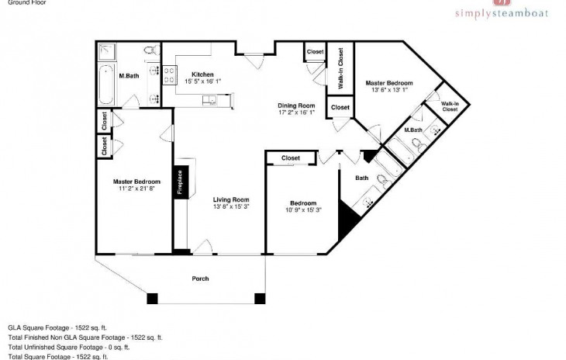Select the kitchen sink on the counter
pos(209,99)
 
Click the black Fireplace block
pos(180,183)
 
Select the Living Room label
pos(231,199)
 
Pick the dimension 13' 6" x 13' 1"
pos(388,89)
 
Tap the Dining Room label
pos(296,106)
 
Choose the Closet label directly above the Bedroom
pos(291,157)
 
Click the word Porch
pos(202,279)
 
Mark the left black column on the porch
pos(152,298)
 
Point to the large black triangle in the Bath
pos(346,227)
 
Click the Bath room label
pos(362,178)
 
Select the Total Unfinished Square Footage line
pos(82,347)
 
